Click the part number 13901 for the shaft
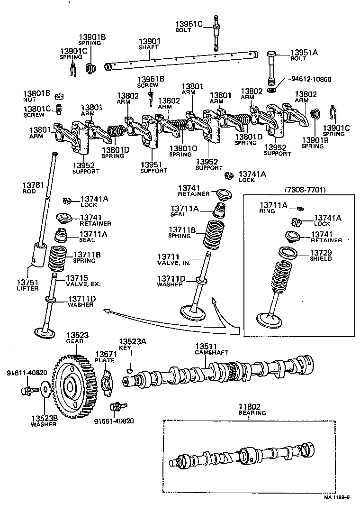click(x=149, y=41)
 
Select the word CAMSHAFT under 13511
click(x=212, y=352)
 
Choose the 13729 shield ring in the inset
click(x=288, y=253)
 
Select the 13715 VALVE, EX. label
click(x=83, y=280)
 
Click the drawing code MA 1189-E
click(x=337, y=497)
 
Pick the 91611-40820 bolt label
click(x=27, y=373)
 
